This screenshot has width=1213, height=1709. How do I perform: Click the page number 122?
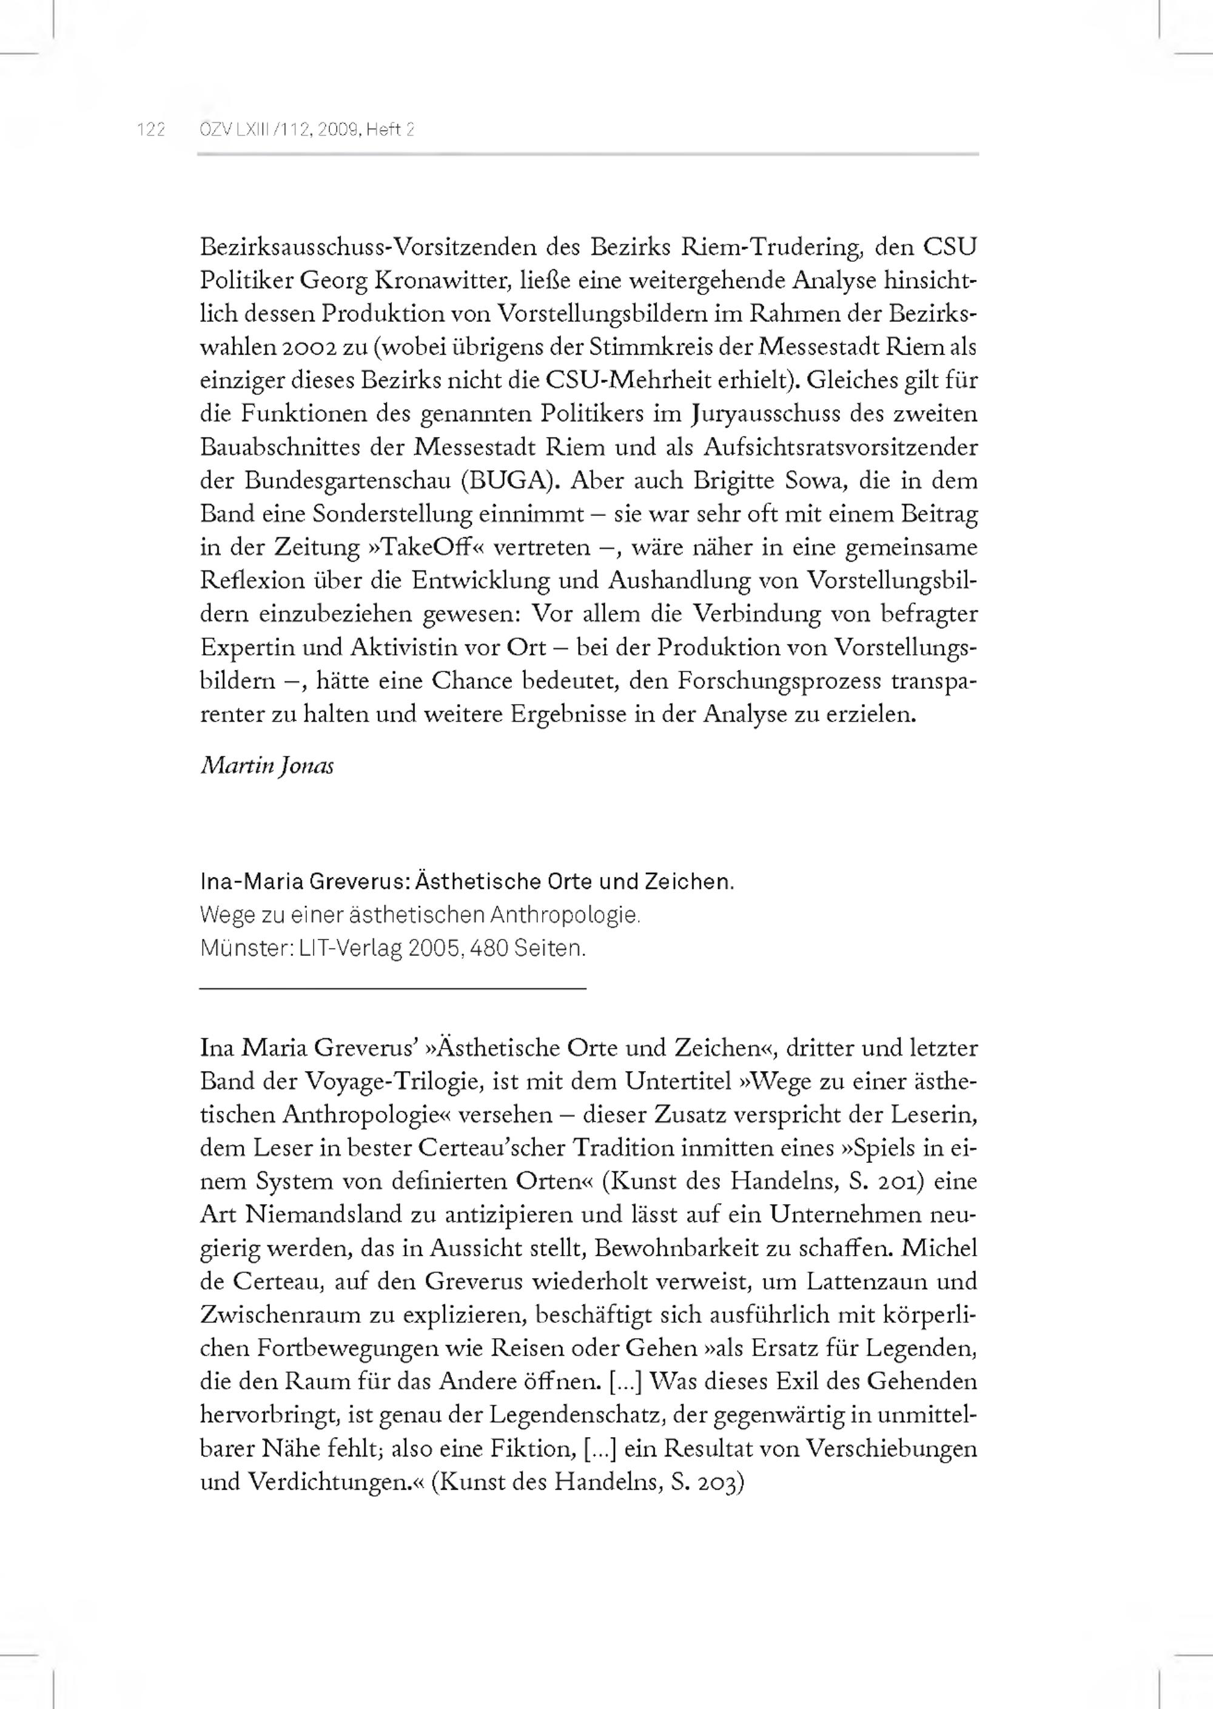pyautogui.click(x=151, y=130)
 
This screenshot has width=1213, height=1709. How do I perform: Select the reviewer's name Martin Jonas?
pyautogui.click(x=267, y=766)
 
